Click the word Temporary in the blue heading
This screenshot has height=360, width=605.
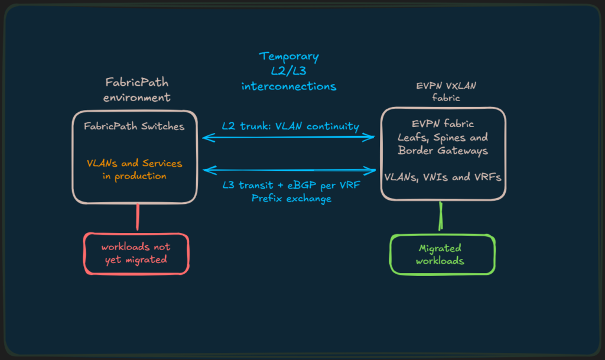[289, 57]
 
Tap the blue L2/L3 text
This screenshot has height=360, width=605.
[288, 71]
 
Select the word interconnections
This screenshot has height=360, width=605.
[288, 86]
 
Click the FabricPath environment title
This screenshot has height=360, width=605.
[136, 89]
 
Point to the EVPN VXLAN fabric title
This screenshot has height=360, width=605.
[446, 92]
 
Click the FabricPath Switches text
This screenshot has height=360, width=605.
[134, 126]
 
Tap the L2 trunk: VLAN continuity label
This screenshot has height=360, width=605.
[290, 126]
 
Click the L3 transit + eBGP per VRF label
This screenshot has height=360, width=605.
[291, 185]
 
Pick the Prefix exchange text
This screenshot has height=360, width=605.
[291, 199]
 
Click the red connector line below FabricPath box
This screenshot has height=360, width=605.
[137, 217]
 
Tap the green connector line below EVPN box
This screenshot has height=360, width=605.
[441, 216]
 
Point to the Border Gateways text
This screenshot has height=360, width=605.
[443, 151]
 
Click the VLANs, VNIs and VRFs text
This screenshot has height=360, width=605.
[443, 177]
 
